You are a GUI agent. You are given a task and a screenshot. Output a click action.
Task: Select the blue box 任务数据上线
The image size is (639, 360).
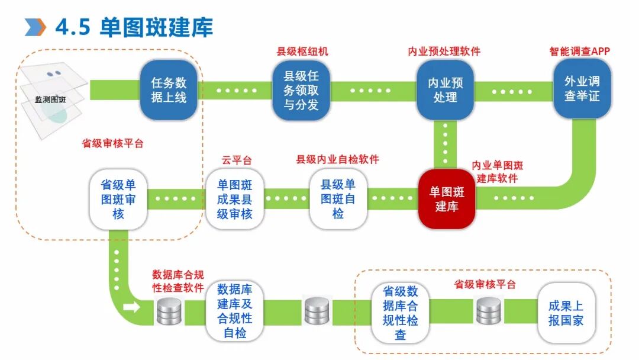(168, 89)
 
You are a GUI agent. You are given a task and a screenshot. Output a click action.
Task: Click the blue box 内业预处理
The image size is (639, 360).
(446, 89)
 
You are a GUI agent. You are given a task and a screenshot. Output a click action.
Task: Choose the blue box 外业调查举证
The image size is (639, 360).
(582, 88)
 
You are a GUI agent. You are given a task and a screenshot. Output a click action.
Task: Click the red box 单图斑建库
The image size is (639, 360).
(447, 199)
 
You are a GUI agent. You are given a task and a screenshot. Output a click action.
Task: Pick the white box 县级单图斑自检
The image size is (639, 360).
(338, 199)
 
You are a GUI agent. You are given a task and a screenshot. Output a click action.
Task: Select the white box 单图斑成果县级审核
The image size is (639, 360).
(234, 199)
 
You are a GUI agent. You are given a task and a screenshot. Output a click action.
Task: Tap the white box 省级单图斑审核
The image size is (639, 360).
(118, 199)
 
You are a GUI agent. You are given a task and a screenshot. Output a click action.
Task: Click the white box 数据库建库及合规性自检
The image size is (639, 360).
(234, 311)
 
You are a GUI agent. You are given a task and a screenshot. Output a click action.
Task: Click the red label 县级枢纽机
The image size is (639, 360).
(302, 52)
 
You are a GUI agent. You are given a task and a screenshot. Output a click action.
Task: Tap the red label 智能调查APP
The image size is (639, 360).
(579, 52)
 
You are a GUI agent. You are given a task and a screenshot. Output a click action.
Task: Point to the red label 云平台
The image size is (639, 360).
(237, 160)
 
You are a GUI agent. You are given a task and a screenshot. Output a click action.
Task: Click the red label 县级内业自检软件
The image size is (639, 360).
(337, 159)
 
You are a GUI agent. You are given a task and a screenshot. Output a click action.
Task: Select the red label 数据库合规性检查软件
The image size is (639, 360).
(178, 281)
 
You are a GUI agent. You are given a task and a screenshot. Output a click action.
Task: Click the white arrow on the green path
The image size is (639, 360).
(132, 307)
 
